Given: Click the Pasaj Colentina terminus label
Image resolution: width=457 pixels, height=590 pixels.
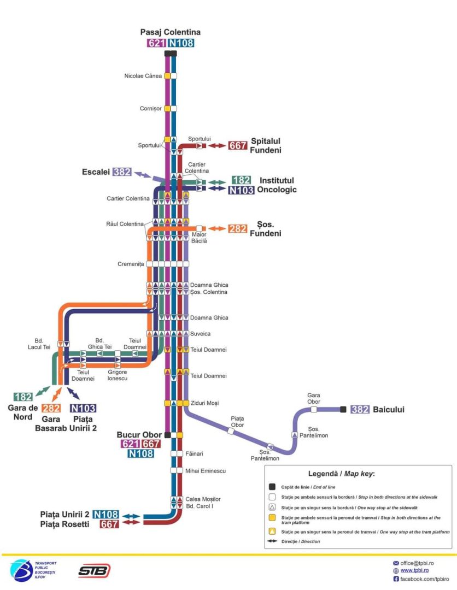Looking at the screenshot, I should tap(170, 32).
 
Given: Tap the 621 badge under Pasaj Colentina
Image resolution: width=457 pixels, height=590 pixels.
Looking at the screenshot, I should tap(156, 43).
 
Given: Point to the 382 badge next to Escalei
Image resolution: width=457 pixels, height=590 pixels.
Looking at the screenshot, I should tap(122, 172).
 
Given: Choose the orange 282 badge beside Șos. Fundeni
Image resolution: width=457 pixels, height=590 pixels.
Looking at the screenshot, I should tap(237, 229).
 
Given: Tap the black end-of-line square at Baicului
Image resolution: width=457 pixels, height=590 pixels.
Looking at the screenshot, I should tap(343, 409).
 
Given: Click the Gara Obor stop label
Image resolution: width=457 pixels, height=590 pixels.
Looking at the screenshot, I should tap(313, 398).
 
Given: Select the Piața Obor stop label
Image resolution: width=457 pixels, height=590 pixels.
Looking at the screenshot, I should tap(237, 421).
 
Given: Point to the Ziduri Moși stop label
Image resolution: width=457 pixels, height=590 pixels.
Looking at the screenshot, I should tap(204, 403).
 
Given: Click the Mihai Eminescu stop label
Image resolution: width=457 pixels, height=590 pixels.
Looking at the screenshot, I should tap(205, 470).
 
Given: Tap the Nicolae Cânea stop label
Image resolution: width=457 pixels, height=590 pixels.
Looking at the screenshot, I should tap(143, 76).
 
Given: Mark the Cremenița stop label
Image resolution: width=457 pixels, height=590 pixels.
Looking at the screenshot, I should tap(130, 264).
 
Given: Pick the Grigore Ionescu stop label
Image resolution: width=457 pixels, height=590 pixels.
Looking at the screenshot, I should tap(117, 375).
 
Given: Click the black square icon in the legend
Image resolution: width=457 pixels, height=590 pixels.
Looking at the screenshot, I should tap(272, 487).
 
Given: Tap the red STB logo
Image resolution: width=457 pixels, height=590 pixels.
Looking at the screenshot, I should tap(93, 570).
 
